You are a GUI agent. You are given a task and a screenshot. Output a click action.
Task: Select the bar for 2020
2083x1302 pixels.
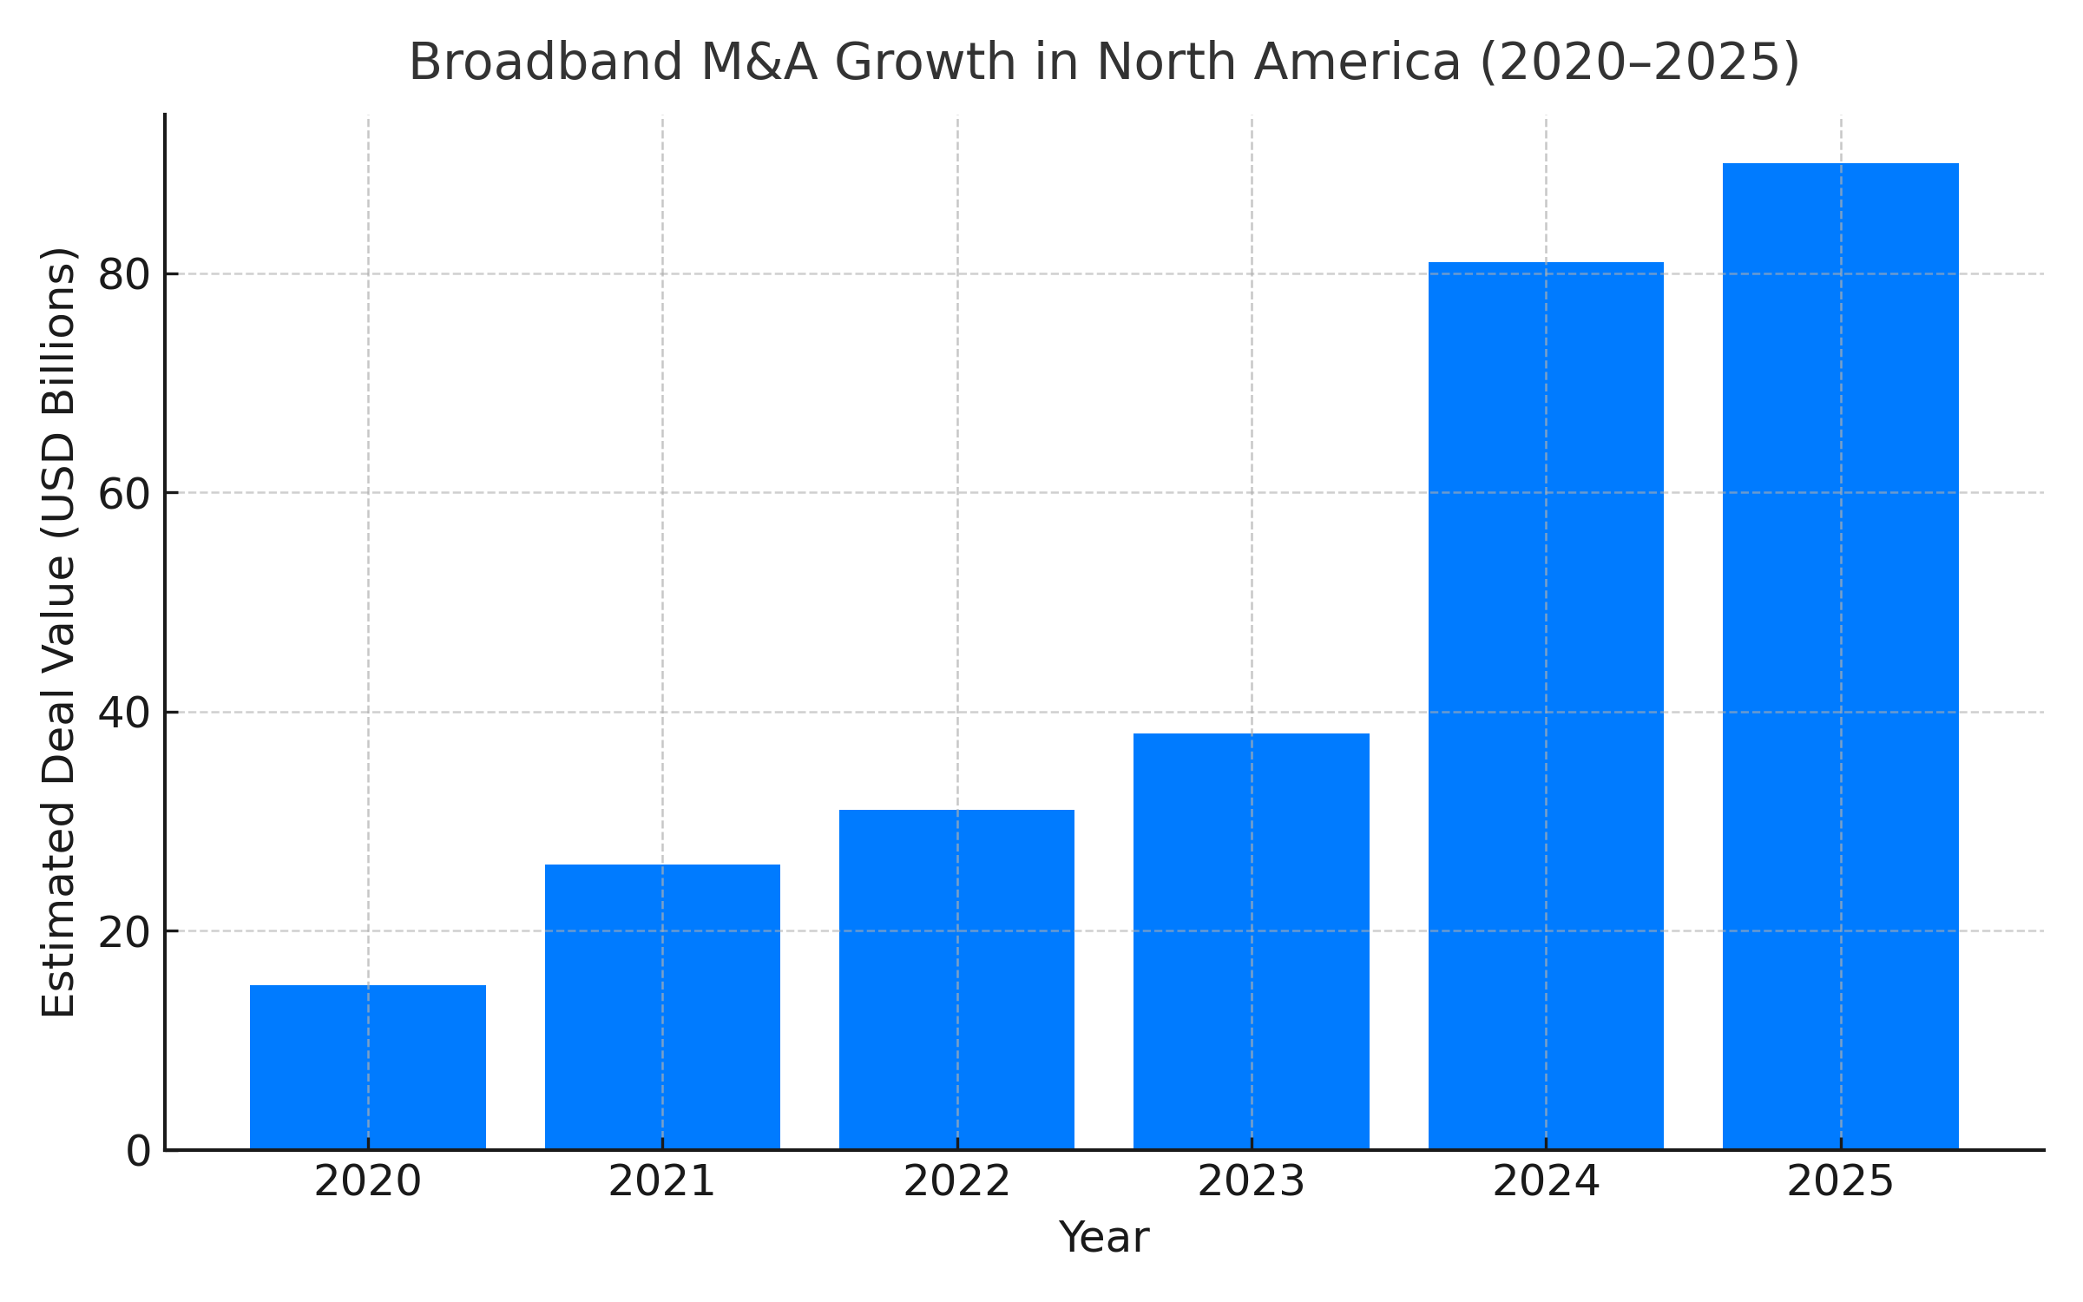[368, 1067]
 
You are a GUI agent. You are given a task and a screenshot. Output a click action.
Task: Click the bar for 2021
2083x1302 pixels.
[662, 1007]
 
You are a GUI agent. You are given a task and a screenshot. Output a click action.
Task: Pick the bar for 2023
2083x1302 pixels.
[1251, 941]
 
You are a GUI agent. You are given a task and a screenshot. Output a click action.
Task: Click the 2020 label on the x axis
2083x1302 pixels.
[368, 1182]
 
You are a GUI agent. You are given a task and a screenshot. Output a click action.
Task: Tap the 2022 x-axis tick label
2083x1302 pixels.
[956, 1182]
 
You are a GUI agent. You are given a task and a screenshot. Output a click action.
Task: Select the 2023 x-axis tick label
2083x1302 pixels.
[1251, 1182]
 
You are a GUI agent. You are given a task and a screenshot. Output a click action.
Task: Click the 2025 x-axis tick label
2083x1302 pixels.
[1840, 1182]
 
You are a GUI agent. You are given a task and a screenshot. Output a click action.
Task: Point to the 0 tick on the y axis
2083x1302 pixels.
[138, 1152]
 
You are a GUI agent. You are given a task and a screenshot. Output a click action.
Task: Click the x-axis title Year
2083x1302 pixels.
[1103, 1238]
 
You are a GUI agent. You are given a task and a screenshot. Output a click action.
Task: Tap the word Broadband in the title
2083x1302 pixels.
[546, 62]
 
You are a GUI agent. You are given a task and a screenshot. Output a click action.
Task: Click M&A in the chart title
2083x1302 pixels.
[759, 62]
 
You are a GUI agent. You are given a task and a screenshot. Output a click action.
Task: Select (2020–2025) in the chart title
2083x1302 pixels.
[1639, 62]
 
